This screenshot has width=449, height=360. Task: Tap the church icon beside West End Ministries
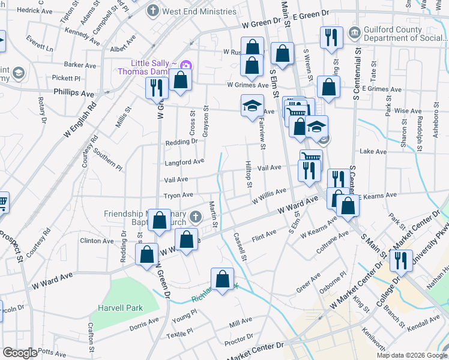[x=153, y=11]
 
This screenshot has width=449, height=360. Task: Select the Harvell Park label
[x=121, y=308]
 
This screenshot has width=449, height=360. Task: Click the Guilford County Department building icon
[x=354, y=31]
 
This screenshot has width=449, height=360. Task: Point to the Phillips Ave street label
[x=74, y=94]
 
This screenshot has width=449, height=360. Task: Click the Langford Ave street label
[x=184, y=162]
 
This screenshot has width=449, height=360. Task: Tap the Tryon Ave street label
[x=179, y=195]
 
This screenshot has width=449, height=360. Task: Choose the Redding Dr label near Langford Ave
[x=181, y=142]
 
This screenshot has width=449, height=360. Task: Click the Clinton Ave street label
[x=97, y=241]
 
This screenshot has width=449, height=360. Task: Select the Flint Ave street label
[x=264, y=234]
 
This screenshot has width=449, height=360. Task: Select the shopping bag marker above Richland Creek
[x=222, y=278]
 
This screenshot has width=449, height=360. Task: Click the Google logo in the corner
[x=20, y=353]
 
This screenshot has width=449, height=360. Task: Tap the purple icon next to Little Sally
[x=186, y=65]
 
